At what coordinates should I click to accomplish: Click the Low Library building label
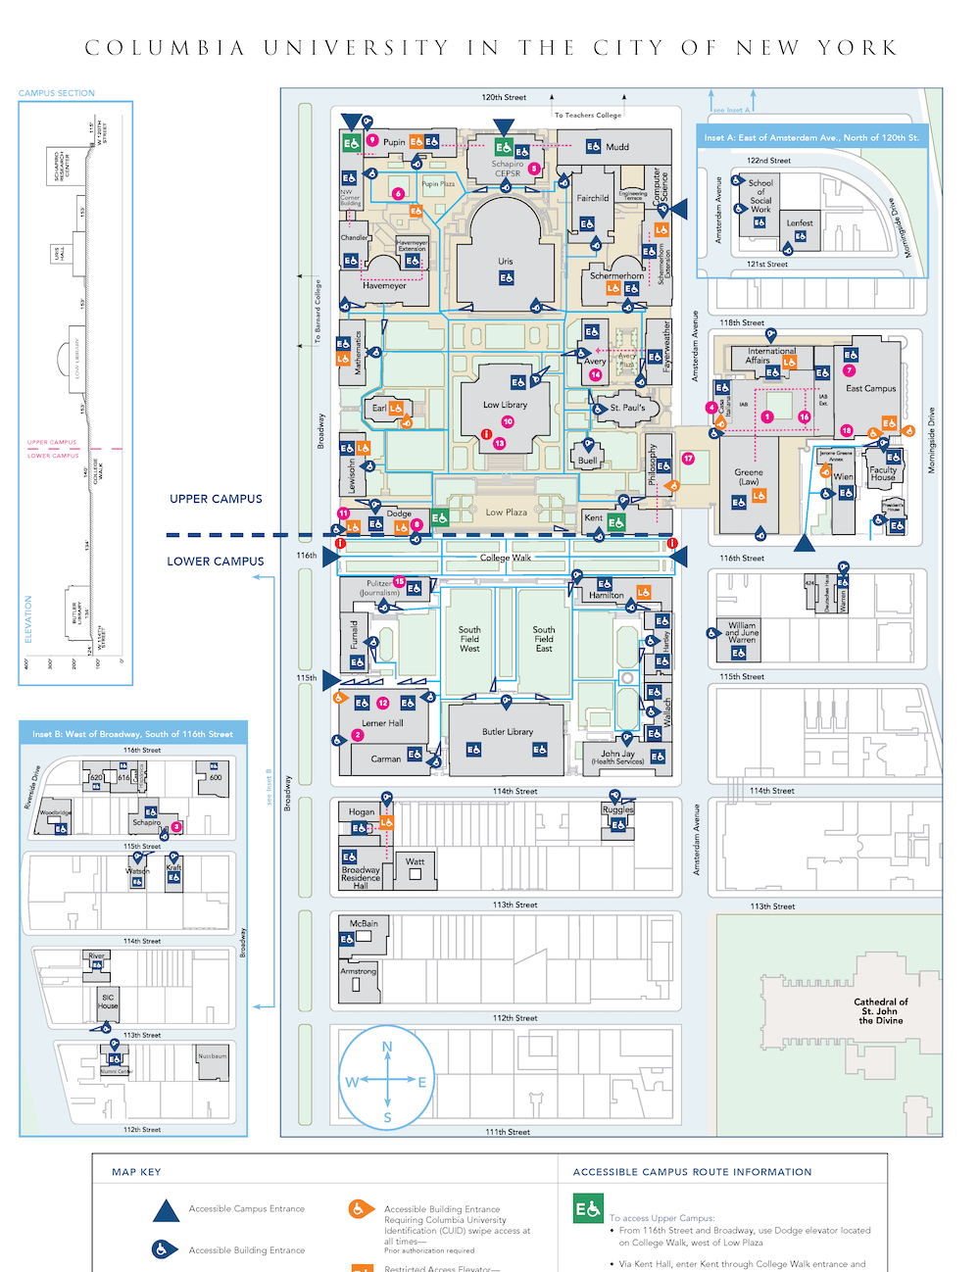pyautogui.click(x=505, y=404)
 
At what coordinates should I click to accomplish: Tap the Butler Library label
pyautogui.click(x=508, y=732)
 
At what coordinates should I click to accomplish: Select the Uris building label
pyautogui.click(x=505, y=262)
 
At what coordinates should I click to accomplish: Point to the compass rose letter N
pyautogui.click(x=387, y=1047)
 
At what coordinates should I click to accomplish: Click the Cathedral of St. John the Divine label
pyautogui.click(x=881, y=1011)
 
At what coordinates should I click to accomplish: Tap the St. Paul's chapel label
pyautogui.click(x=627, y=408)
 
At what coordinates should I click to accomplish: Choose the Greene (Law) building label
pyautogui.click(x=749, y=476)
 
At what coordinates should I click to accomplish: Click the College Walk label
pyautogui.click(x=506, y=558)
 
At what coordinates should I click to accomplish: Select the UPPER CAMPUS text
pyautogui.click(x=216, y=499)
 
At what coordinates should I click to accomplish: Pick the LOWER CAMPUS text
pyautogui.click(x=216, y=562)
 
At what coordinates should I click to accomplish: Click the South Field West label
pyautogui.click(x=469, y=639)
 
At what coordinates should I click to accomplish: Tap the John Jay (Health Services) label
pyautogui.click(x=617, y=758)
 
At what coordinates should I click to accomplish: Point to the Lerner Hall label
pyautogui.click(x=382, y=723)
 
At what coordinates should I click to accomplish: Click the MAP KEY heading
pyautogui.click(x=136, y=1172)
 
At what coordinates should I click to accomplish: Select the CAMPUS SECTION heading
pyautogui.click(x=57, y=93)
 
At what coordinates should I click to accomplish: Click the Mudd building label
pyautogui.click(x=617, y=147)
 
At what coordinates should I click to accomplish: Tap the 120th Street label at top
pyautogui.click(x=504, y=97)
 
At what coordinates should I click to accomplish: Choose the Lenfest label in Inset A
pyautogui.click(x=800, y=223)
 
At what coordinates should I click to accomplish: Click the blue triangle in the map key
pyautogui.click(x=166, y=1210)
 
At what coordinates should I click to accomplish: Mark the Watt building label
pyautogui.click(x=416, y=862)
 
